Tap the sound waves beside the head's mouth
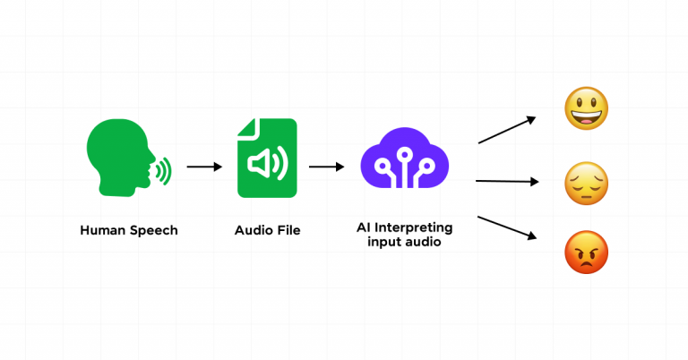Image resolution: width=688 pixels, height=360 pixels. pyautogui.click(x=162, y=169)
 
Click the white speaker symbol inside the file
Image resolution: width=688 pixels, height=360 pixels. pyautogui.click(x=266, y=165)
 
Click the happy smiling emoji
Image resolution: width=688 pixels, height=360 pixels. pyautogui.click(x=587, y=110)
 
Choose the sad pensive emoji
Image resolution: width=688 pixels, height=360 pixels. pyautogui.click(x=587, y=184)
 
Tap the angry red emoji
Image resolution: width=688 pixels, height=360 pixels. pyautogui.click(x=587, y=253)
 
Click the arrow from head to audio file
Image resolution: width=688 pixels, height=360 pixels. pyautogui.click(x=204, y=167)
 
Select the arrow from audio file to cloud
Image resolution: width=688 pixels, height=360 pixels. pyautogui.click(x=327, y=167)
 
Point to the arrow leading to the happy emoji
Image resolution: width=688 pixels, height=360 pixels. pyautogui.click(x=507, y=130)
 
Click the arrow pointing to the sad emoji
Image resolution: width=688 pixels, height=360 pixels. pyautogui.click(x=507, y=181)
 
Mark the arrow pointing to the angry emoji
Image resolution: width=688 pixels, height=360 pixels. pyautogui.click(x=507, y=227)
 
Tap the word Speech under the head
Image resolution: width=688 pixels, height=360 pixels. pyautogui.click(x=153, y=230)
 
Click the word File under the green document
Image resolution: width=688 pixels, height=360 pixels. pyautogui.click(x=288, y=230)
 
